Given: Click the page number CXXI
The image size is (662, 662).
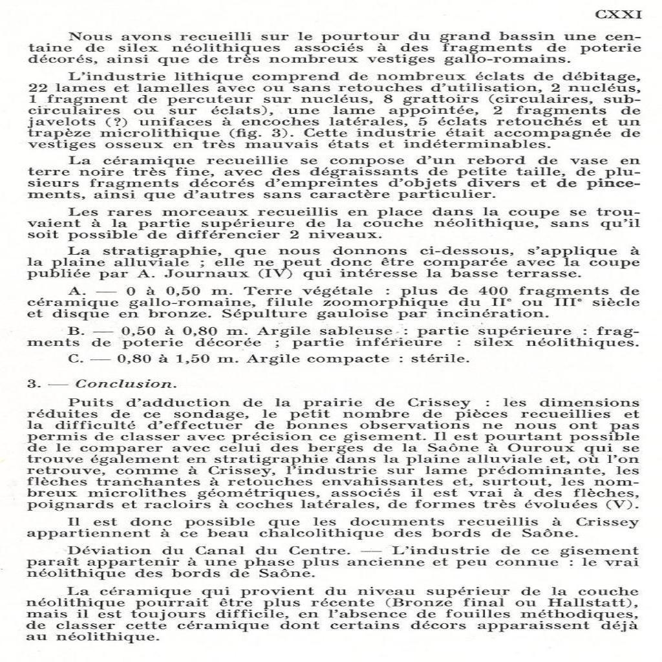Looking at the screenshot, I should click(x=618, y=15).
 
